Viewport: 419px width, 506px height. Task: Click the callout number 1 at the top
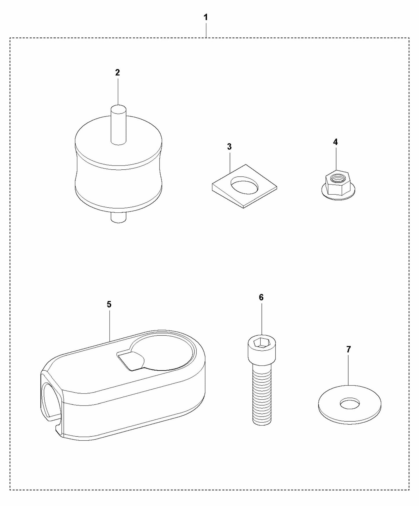pos(206,17)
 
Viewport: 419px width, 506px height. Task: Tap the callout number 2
pos(117,72)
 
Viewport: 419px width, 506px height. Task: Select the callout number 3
pos(229,147)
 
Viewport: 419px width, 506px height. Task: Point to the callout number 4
pos(335,142)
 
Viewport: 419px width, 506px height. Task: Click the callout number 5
pos(109,304)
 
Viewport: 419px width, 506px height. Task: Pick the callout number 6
pos(261,297)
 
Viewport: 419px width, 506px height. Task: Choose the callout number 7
pos(349,349)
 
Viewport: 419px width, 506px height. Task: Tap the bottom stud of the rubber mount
pos(119,217)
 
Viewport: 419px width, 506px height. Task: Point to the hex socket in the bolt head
pos(262,343)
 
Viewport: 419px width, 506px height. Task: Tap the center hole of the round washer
pos(350,404)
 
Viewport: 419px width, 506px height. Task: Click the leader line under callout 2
pos(118,91)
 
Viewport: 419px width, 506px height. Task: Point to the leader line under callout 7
pos(349,369)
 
